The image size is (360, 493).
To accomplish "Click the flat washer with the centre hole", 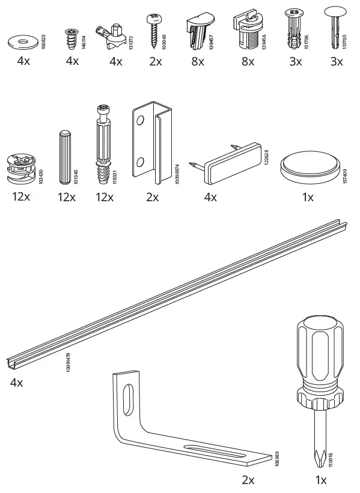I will pyautogui.click(x=22, y=43).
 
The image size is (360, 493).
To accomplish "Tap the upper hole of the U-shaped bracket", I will pyautogui.click(x=139, y=121).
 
